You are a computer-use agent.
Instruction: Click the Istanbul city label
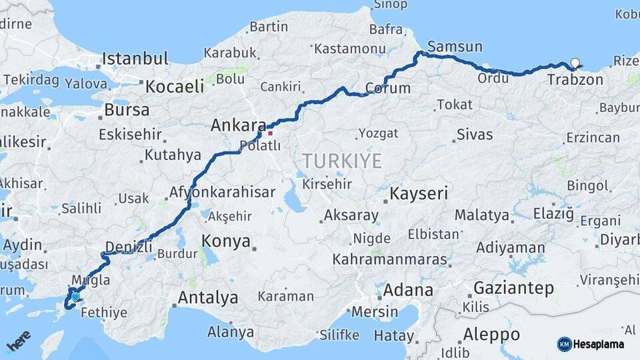[135, 59]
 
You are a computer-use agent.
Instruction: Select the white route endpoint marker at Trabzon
[575, 64]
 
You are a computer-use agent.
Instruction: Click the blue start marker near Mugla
[75, 297]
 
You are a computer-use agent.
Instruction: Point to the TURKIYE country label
[343, 161]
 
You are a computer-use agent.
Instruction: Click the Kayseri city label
[419, 194]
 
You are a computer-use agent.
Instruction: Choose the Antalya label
[209, 297]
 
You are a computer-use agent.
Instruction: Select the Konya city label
[225, 241]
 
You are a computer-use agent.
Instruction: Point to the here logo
[17, 341]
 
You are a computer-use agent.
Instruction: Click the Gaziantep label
[513, 289]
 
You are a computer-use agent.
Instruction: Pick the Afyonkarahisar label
[222, 193]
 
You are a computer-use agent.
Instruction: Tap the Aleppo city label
[491, 334]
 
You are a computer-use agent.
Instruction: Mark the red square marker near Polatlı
[270, 133]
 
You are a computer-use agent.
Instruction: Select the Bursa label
[127, 110]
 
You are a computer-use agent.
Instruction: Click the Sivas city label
[475, 135]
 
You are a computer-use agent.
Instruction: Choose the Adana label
[407, 291]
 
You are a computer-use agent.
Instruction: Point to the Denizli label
[129, 247]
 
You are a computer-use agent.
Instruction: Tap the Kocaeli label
[175, 86]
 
